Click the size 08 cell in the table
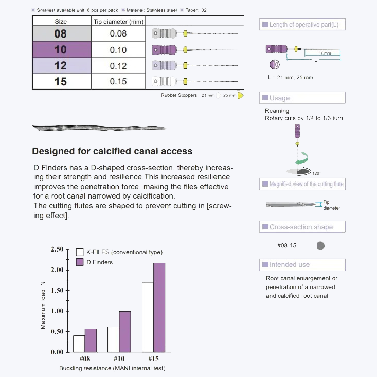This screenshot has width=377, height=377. click(x=61, y=34)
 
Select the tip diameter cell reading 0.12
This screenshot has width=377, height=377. click(x=118, y=66)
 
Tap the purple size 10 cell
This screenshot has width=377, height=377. click(x=61, y=50)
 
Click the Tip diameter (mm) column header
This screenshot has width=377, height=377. click(x=118, y=22)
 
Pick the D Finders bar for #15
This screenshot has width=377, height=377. click(x=159, y=307)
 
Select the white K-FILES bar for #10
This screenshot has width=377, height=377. click(x=113, y=339)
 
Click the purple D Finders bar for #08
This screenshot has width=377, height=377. click(x=91, y=340)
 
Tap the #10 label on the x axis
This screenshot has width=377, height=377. click(x=119, y=358)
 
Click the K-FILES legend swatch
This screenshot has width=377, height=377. click(x=80, y=252)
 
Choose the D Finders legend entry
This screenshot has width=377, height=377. click(x=95, y=262)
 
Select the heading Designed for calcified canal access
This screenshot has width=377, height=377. click(x=112, y=151)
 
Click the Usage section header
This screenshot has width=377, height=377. click(x=302, y=98)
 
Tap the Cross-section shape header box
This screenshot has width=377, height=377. click(x=302, y=227)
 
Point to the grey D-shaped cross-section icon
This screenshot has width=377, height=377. click(x=320, y=246)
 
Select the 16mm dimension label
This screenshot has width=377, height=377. click(x=325, y=53)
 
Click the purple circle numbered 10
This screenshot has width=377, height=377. click(x=274, y=65)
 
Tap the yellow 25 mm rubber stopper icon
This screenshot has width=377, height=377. click(x=240, y=95)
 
